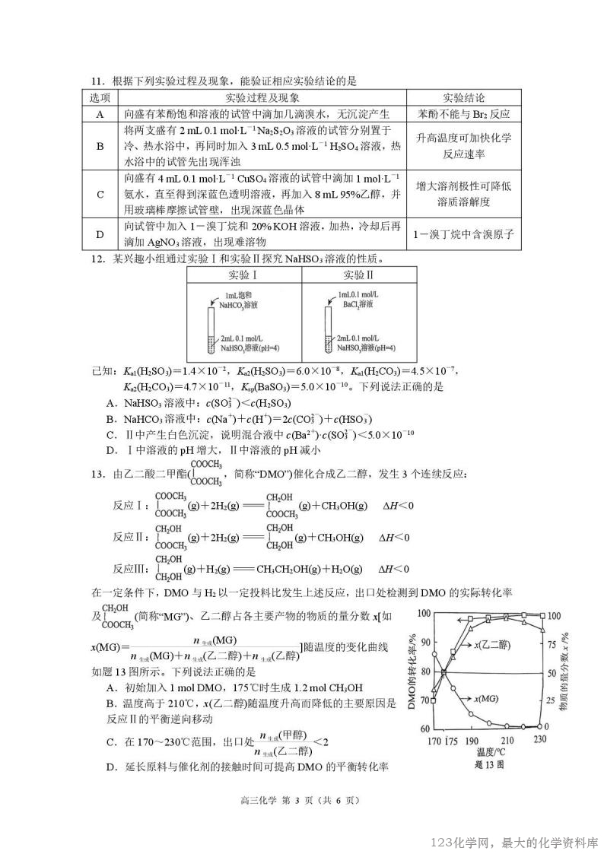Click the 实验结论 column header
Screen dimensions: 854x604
pyautogui.click(x=464, y=98)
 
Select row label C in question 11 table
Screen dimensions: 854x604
pyautogui.click(x=100, y=193)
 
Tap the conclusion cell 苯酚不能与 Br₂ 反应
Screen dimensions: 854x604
pyautogui.click(x=464, y=114)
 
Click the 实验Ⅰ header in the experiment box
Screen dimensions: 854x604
pyautogui.click(x=243, y=275)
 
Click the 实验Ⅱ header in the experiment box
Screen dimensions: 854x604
pyautogui.click(x=359, y=275)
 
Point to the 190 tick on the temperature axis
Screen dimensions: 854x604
pyautogui.click(x=472, y=740)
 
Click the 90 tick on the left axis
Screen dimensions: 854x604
pyautogui.click(x=423, y=643)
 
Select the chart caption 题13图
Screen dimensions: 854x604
pyautogui.click(x=487, y=765)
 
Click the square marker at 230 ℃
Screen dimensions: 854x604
pyautogui.click(x=542, y=614)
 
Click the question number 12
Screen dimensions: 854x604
pyautogui.click(x=97, y=257)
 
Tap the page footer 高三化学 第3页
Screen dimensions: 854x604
pyautogui.click(x=300, y=799)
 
